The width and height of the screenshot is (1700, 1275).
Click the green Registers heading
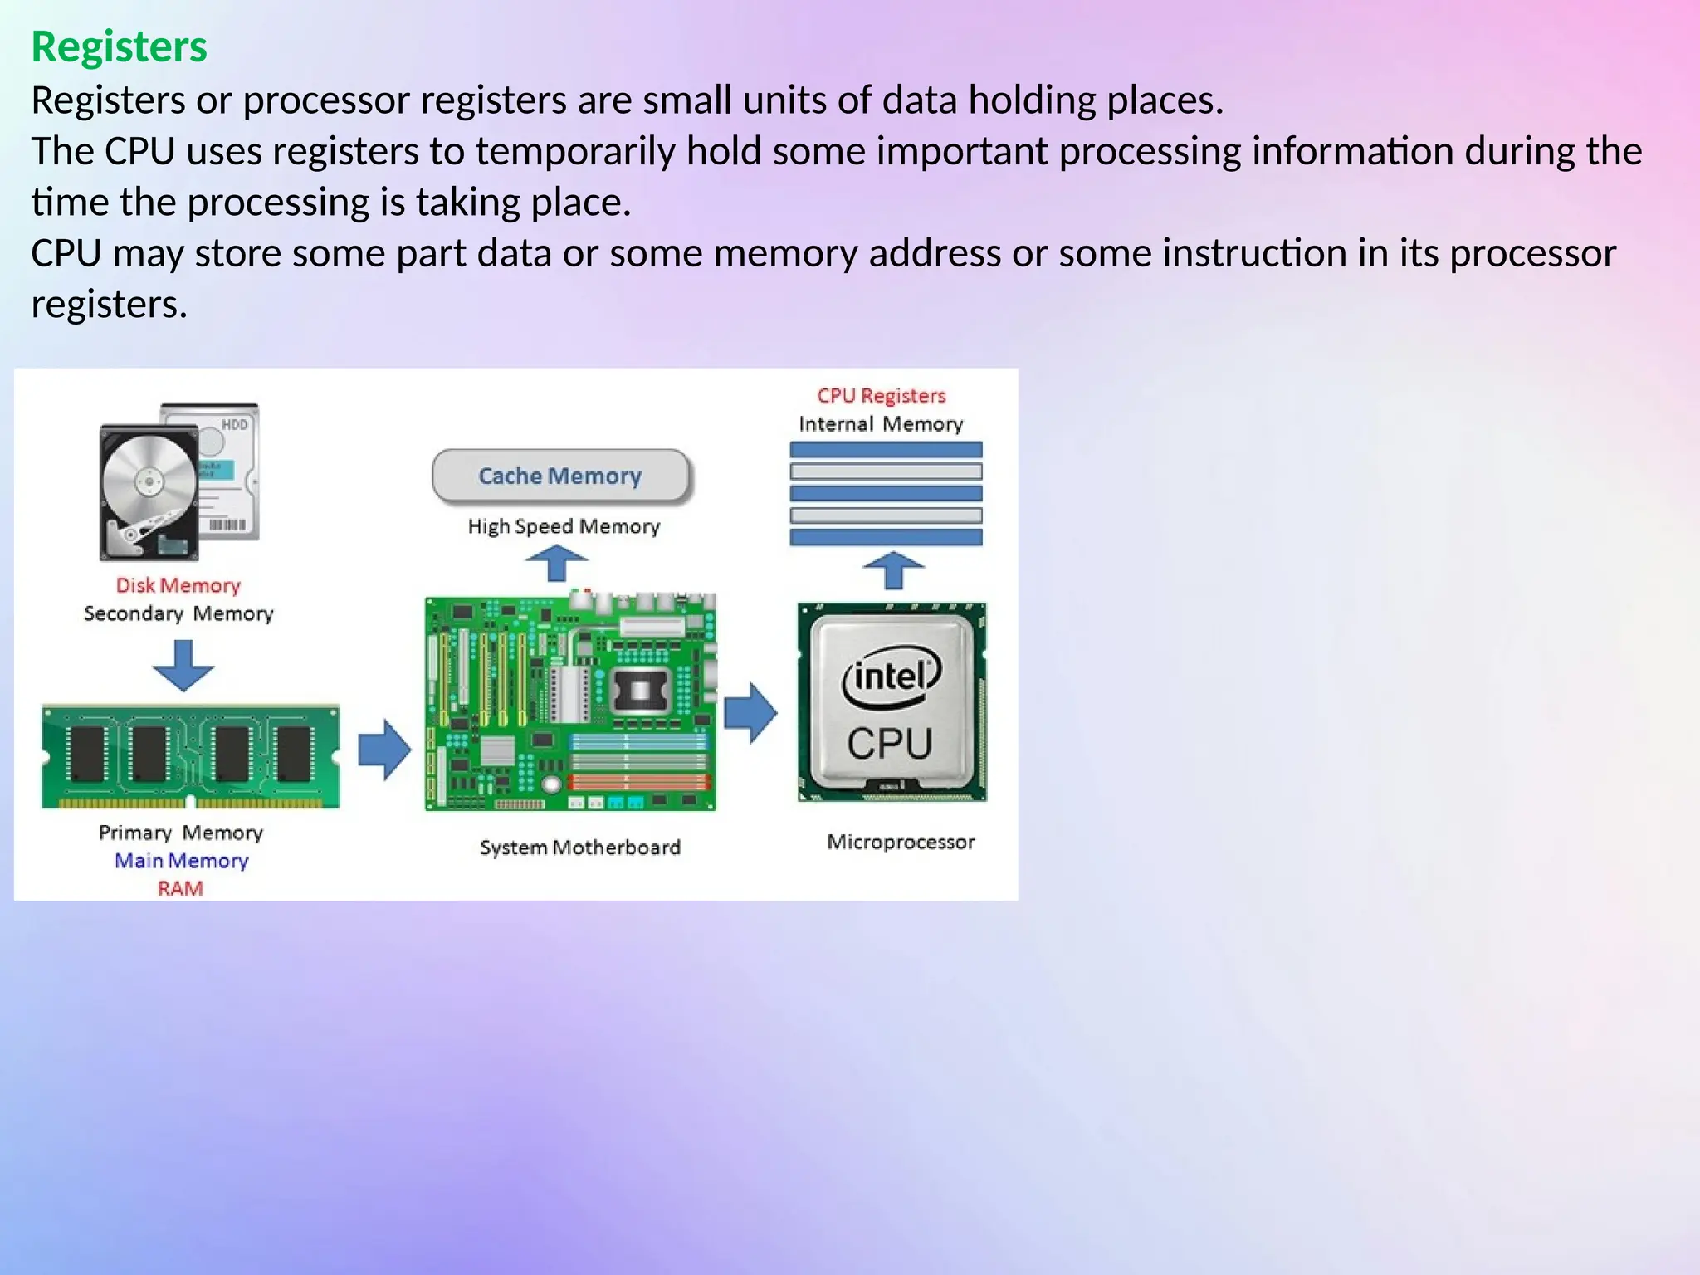pyautogui.click(x=119, y=46)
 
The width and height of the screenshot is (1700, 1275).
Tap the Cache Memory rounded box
pyautogui.click(x=560, y=476)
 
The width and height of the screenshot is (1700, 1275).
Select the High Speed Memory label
pyautogui.click(x=564, y=526)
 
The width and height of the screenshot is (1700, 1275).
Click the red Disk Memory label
pyautogui.click(x=178, y=585)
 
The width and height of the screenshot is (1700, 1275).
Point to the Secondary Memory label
pyautogui.click(x=178, y=613)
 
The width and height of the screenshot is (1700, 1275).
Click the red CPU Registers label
pyautogui.click(x=881, y=396)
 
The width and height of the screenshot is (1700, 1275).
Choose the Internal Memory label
pyautogui.click(x=881, y=424)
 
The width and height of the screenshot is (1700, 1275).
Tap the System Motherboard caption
pyautogui.click(x=580, y=848)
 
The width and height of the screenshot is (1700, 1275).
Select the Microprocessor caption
pyautogui.click(x=901, y=842)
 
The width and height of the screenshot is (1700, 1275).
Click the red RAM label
pyautogui.click(x=180, y=889)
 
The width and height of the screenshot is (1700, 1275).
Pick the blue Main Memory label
pyautogui.click(x=181, y=861)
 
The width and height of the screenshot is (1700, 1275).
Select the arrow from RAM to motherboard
pyautogui.click(x=384, y=750)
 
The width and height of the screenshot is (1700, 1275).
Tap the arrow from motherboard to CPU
pyautogui.click(x=750, y=712)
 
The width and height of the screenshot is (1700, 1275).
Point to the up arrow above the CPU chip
pyautogui.click(x=893, y=570)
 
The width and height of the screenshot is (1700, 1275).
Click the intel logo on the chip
pyautogui.click(x=892, y=677)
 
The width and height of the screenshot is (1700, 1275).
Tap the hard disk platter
pyautogui.click(x=149, y=481)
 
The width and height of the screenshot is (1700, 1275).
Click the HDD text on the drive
pyautogui.click(x=234, y=425)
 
